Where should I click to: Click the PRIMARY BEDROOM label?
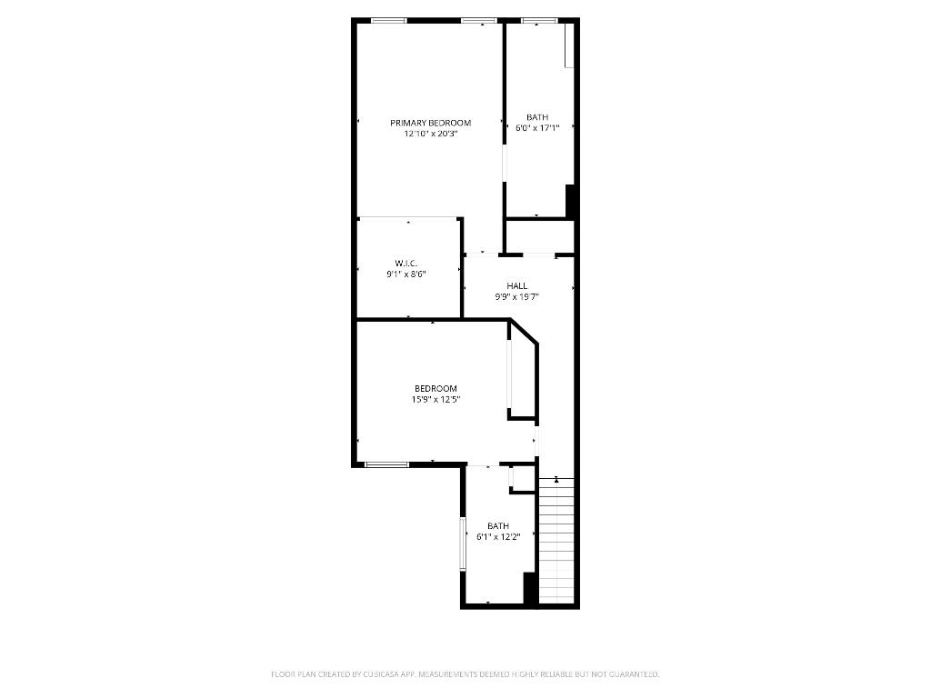point(430,123)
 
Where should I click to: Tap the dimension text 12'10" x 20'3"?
point(430,134)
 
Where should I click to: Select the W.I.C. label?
point(405,263)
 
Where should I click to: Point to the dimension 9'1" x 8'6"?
point(405,274)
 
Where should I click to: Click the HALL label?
point(517,285)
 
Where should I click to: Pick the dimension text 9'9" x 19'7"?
point(517,296)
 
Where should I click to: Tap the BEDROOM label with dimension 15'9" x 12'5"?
point(435,388)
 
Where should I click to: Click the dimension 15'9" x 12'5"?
point(435,399)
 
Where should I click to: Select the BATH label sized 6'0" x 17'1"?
point(537,117)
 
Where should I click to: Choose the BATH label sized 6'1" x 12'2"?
point(498,525)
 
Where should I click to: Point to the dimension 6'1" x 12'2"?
point(498,536)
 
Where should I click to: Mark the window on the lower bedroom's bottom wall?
point(386,464)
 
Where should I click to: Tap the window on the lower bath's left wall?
point(463,543)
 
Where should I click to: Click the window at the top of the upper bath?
point(538,20)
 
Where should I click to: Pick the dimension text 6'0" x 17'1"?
point(537,128)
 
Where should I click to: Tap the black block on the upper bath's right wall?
point(571,201)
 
